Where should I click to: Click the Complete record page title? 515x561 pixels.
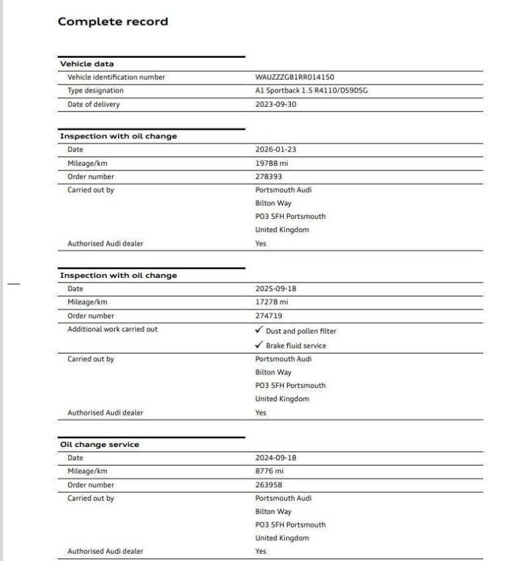coord(113,21)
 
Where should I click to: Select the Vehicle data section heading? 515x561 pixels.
coord(87,64)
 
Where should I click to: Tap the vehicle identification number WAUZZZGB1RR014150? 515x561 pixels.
coord(294,77)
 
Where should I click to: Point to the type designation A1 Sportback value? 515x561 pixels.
coord(311,91)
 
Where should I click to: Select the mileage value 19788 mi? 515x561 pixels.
coord(272,163)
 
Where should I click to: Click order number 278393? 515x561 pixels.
coord(269,176)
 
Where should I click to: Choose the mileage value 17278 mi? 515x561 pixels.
coord(272,302)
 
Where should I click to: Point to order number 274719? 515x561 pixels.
coord(269,315)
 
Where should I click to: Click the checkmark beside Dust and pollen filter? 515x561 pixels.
coord(259,330)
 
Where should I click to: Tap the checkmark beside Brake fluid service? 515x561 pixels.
coord(259,345)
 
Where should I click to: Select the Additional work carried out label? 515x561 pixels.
coord(113,329)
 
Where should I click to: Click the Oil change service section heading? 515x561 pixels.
coord(100,444)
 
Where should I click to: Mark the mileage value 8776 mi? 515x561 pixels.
coord(270,471)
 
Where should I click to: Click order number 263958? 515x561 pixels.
coord(269,484)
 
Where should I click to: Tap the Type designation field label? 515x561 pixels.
coord(95,91)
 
